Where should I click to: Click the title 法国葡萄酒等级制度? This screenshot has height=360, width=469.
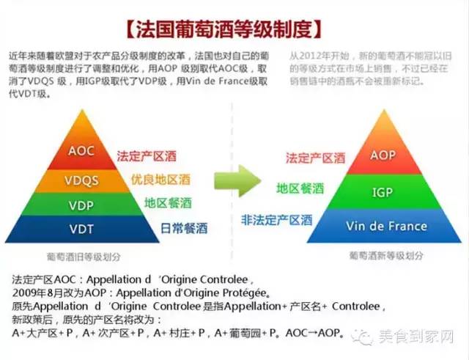224,29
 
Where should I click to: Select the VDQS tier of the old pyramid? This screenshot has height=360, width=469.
81,180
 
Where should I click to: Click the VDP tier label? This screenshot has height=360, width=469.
81,205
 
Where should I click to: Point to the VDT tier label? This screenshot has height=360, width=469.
81,229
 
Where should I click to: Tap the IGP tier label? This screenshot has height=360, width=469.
383,193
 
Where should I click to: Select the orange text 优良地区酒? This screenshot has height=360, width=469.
160,180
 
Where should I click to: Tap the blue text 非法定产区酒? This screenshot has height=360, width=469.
276,219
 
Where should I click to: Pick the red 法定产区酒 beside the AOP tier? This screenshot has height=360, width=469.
314,157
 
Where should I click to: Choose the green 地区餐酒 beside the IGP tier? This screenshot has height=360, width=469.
300,188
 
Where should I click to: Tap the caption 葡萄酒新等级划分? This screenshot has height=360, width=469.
386,256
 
